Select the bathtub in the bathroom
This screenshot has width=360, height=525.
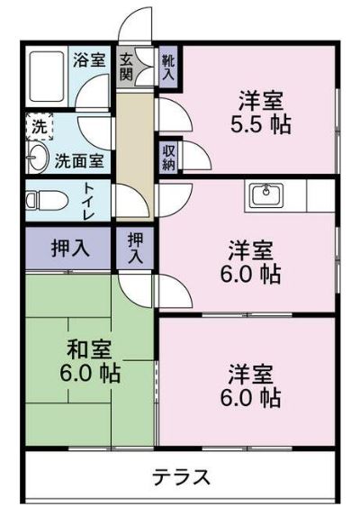(x=49, y=79)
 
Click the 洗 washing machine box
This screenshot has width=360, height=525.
(x=39, y=125)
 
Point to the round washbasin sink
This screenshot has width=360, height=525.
(x=36, y=160)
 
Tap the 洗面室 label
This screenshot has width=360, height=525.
(x=79, y=162)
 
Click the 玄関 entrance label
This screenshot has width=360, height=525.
(x=127, y=68)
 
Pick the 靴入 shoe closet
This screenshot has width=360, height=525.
(x=168, y=68)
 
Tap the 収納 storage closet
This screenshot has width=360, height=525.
(x=168, y=157)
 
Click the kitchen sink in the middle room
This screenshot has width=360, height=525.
(x=265, y=195)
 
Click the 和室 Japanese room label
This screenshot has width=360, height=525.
(x=88, y=348)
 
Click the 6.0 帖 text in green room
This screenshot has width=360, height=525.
(x=88, y=372)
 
